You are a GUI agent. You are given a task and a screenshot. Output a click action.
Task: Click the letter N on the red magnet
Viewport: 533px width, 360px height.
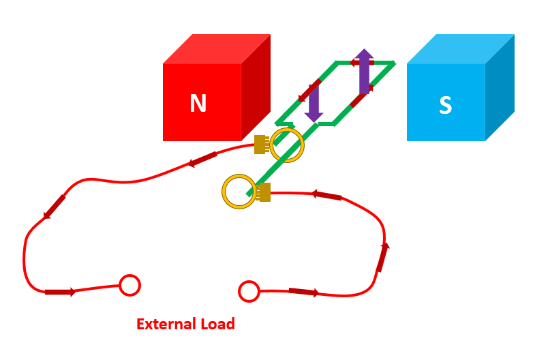pyautogui.click(x=198, y=104)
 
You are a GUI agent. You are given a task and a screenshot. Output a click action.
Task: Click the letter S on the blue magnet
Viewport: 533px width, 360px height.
pyautogui.click(x=445, y=106)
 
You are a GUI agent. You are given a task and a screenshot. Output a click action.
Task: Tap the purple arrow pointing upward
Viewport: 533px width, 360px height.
pyautogui.click(x=365, y=71)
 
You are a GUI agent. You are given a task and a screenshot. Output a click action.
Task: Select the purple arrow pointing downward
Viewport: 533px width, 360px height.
pyautogui.click(x=314, y=103)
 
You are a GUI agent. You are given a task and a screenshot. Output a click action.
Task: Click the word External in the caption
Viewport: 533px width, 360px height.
pyautogui.click(x=163, y=325)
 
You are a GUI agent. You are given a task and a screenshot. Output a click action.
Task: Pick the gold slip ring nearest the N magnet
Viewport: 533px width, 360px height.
pyautogui.click(x=287, y=145)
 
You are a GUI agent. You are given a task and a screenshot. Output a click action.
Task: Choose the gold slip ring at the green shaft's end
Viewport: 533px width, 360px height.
pyautogui.click(x=239, y=192)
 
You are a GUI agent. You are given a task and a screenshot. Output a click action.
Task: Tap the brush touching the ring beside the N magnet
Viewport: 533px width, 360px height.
pyautogui.click(x=260, y=145)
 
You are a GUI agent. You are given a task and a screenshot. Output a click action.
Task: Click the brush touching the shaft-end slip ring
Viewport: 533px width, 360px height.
pyautogui.click(x=264, y=192)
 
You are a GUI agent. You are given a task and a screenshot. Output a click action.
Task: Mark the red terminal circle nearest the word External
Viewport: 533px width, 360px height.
pyautogui.click(x=130, y=285)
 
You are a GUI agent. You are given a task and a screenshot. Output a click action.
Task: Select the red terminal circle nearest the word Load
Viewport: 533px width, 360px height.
pyautogui.click(x=249, y=291)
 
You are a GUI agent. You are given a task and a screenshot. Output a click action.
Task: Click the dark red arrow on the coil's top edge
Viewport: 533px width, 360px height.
pyautogui.click(x=362, y=63)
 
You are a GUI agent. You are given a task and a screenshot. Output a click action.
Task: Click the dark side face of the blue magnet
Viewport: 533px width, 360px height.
pyautogui.click(x=500, y=87)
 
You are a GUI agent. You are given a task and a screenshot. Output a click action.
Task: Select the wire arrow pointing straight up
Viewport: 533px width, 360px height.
pyautogui.click(x=383, y=256)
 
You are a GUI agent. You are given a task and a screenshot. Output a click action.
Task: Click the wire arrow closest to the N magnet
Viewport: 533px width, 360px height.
pyautogui.click(x=202, y=160)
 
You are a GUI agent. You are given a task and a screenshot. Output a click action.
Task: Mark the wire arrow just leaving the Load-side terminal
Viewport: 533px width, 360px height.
pyautogui.click(x=303, y=292)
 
